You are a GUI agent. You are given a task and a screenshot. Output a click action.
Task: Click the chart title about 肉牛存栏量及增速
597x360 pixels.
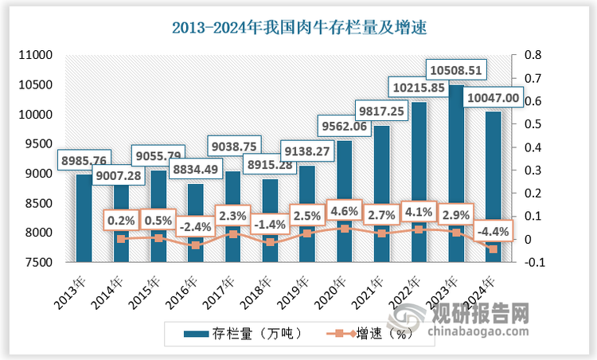pos(299,29)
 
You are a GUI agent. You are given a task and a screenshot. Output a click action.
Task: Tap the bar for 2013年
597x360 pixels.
pos(84,218)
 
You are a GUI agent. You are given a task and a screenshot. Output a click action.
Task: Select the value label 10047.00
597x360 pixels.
pos(494,97)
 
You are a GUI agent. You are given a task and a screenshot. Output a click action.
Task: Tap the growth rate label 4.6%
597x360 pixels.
pos(343,212)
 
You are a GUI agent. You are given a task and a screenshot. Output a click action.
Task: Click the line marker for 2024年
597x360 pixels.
pos(493,249)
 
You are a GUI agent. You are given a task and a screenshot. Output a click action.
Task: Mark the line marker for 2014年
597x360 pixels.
pos(121,239)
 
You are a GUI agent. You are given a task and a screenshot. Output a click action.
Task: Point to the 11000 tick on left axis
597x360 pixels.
pos(34,56)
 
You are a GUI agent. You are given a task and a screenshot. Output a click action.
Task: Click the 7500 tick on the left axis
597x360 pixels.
pos(37,262)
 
